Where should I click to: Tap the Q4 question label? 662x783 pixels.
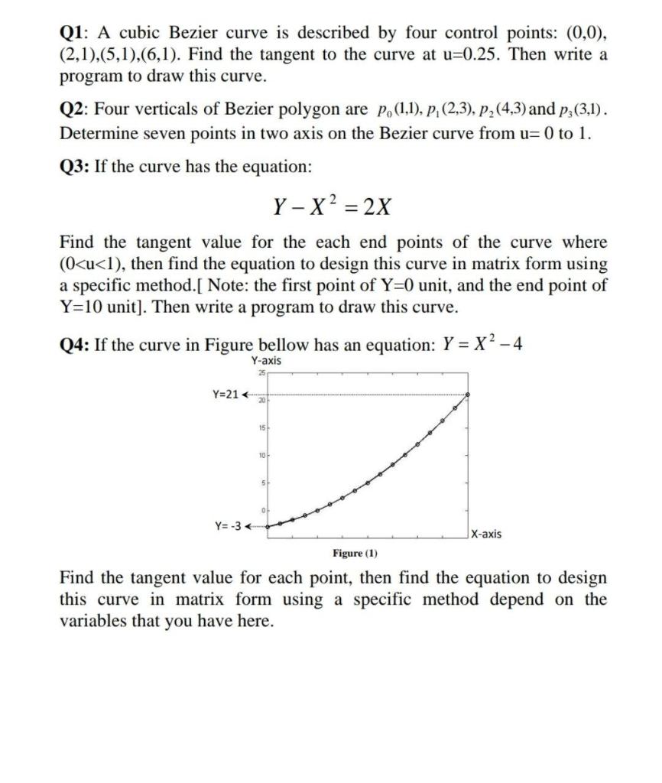(x=74, y=344)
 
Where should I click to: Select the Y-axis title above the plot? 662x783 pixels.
(x=265, y=360)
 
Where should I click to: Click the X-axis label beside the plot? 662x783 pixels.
(x=487, y=534)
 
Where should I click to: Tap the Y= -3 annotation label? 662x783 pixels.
(x=227, y=525)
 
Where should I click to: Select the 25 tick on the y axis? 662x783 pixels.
(x=261, y=372)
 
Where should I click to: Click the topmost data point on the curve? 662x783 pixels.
(x=468, y=395)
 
